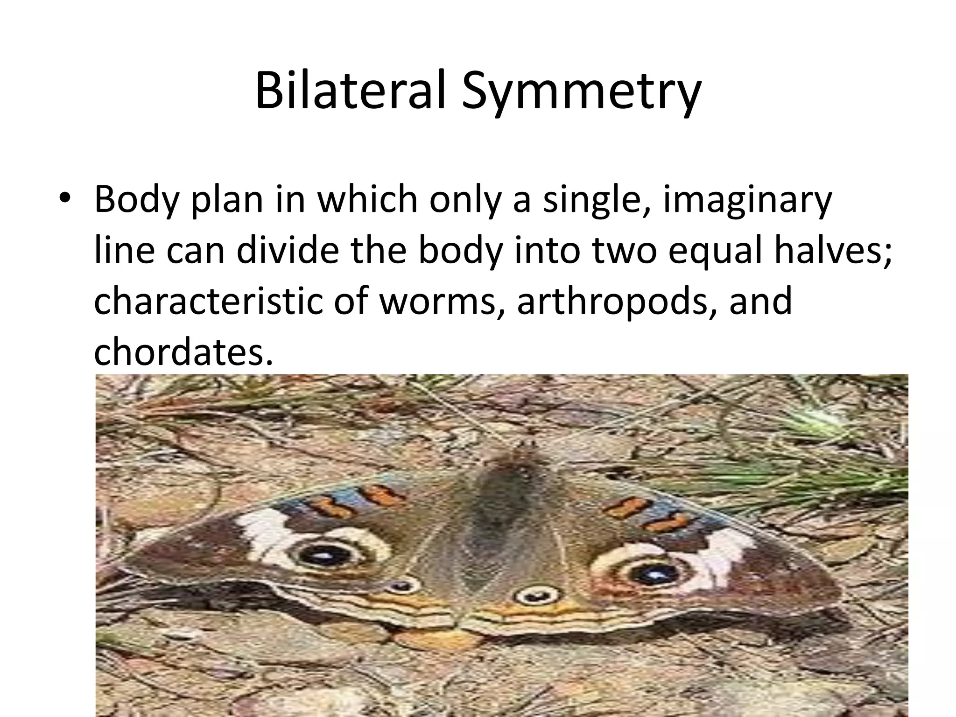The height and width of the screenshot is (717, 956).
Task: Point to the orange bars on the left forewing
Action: pos(355,500)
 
